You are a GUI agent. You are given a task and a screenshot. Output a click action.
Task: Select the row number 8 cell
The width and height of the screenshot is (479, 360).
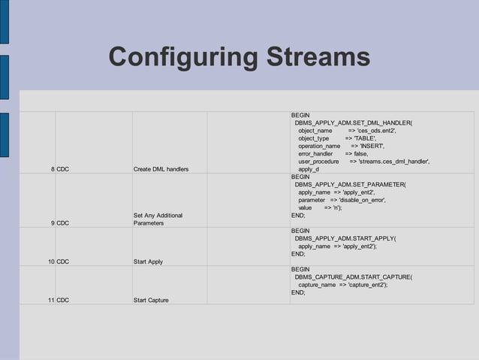pos(52,169)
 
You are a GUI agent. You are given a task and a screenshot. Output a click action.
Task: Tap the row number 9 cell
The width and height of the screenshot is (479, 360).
pos(52,223)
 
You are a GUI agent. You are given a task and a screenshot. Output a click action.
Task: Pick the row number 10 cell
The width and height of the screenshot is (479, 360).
pos(50,262)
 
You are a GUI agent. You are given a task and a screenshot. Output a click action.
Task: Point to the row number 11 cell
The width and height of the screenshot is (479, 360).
pos(50,301)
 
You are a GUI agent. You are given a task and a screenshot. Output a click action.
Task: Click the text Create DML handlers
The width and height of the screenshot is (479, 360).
pos(161,169)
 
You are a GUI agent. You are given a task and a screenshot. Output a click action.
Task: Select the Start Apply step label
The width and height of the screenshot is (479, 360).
pos(148,262)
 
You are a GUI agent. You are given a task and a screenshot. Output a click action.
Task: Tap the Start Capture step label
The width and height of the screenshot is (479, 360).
pos(151,301)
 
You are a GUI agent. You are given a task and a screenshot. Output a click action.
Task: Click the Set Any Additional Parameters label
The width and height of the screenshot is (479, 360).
pos(158,219)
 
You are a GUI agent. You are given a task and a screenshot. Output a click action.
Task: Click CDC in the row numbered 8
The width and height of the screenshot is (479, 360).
pos(63,169)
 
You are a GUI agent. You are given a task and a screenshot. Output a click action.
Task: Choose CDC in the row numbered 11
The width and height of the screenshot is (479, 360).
pos(63,301)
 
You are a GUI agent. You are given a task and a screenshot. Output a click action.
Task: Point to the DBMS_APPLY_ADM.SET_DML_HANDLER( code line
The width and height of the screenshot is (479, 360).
pos(354,123)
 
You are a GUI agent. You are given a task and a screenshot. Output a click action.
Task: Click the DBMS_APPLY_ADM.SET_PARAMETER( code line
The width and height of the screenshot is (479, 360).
pos(350,184)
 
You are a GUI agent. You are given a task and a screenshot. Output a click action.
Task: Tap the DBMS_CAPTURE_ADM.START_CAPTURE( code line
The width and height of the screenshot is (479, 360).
pos(353,277)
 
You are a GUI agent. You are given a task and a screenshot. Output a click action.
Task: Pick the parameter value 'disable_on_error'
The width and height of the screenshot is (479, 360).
pos(357,200)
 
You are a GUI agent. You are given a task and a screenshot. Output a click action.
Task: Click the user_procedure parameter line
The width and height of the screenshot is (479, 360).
pos(364,162)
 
